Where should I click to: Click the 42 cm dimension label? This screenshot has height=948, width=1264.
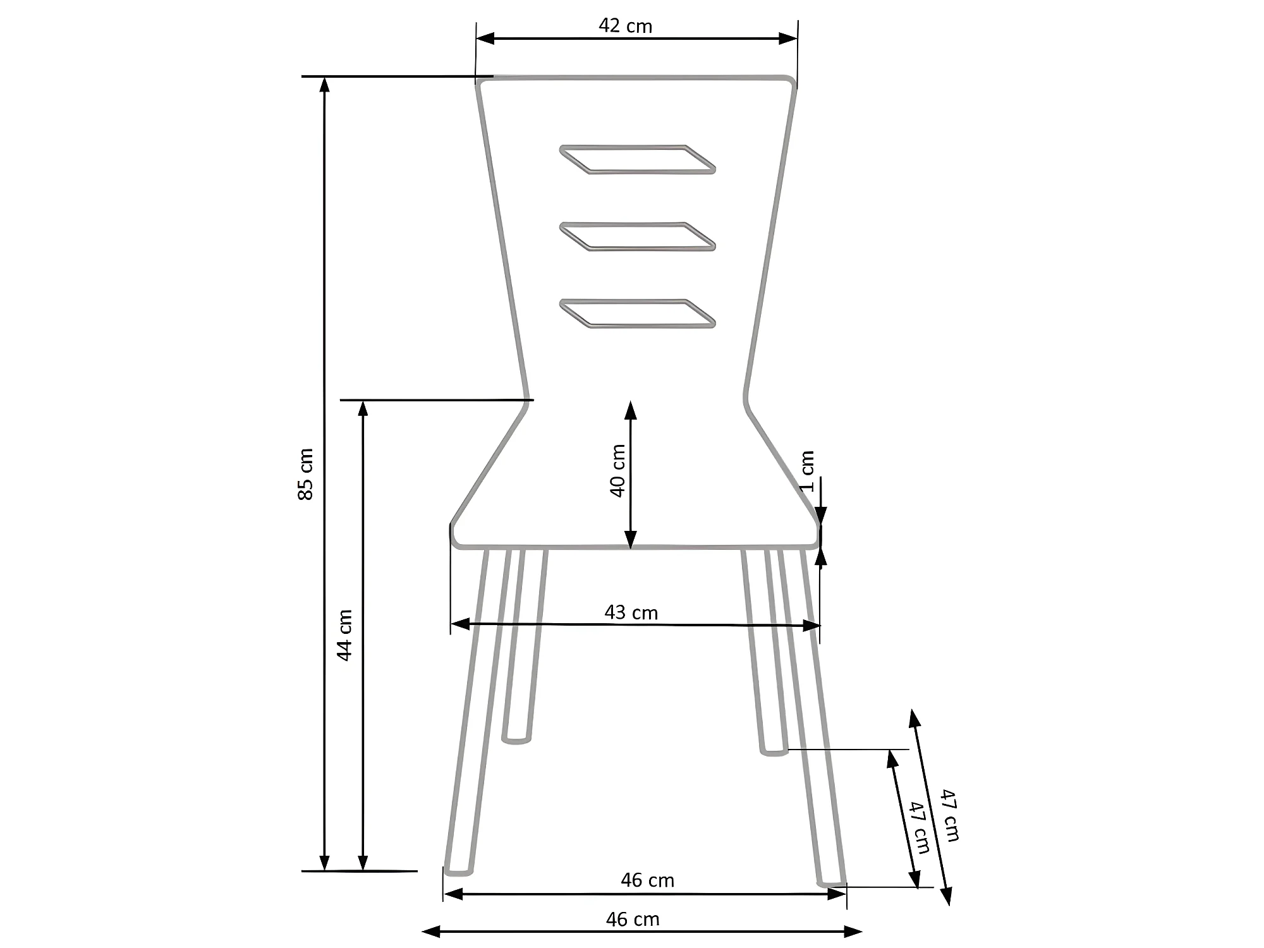point(625,26)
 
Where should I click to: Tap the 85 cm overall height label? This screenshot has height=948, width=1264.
point(305,474)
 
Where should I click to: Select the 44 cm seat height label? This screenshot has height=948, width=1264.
point(344,635)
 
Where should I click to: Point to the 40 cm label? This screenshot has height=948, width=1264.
point(617,471)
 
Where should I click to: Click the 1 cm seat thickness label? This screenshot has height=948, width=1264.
point(807,471)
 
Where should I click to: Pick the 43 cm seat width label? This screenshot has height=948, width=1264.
point(631,612)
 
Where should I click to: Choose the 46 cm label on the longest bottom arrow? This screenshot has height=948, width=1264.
point(633,919)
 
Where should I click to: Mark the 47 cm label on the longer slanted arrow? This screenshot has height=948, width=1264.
point(949,815)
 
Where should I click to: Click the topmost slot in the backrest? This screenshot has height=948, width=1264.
point(637,159)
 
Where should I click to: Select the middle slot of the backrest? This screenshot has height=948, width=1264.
point(637,236)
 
